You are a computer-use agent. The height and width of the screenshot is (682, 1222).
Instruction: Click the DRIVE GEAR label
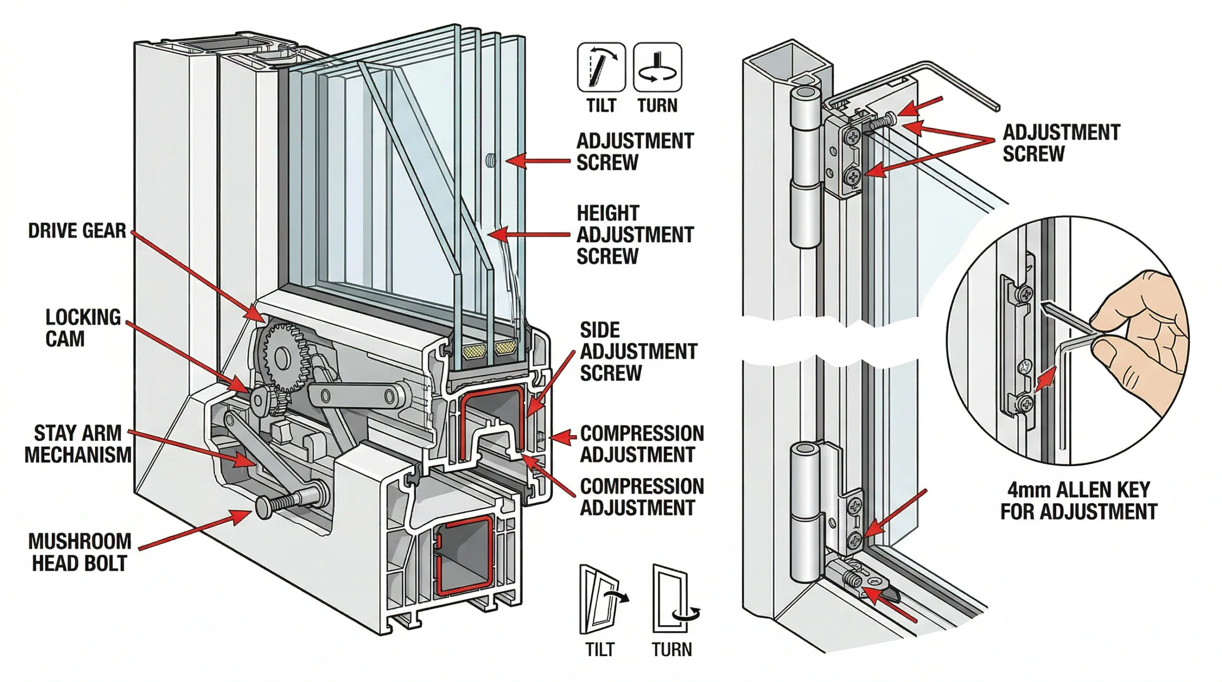(77, 231)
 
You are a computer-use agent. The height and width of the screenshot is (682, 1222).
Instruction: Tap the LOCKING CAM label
(83, 328)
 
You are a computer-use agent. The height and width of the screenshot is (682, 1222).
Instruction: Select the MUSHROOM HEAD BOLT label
(79, 552)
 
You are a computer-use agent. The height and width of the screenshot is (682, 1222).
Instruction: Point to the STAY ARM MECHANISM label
(77, 444)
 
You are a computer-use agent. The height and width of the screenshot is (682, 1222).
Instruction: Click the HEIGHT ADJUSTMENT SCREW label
(634, 235)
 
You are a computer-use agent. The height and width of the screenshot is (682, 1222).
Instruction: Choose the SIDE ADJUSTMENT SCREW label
(638, 351)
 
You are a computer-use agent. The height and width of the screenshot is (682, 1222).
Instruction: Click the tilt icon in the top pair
(601, 67)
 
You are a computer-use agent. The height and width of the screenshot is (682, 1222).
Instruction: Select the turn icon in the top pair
(657, 67)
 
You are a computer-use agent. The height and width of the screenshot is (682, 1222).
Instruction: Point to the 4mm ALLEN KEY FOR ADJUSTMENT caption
(1078, 501)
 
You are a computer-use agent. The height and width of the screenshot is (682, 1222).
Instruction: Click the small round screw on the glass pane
(490, 160)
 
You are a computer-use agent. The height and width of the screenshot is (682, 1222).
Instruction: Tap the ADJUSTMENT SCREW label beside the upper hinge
(1061, 143)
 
